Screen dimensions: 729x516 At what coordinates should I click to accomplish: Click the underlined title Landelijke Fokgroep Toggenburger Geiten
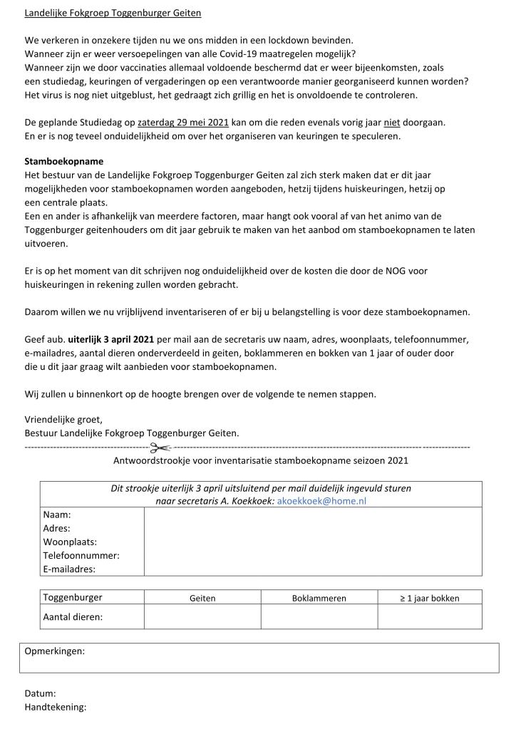[113, 13]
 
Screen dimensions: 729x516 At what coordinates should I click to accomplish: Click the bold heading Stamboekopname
[64, 161]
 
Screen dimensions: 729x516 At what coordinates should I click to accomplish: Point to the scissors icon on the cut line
[161, 448]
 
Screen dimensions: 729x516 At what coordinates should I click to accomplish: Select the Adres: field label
[57, 528]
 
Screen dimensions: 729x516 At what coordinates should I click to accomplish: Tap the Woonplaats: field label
[70, 542]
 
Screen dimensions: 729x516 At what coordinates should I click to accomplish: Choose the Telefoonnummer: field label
[81, 555]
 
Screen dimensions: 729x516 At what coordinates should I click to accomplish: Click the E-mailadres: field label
[70, 569]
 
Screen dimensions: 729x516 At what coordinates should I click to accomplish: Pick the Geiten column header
[202, 599]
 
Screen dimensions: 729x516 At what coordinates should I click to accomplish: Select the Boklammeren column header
[319, 599]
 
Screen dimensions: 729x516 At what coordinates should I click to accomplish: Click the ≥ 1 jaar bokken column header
[429, 599]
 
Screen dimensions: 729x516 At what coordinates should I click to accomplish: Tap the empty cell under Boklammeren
[319, 617]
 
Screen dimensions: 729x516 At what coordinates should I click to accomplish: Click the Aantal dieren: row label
[73, 617]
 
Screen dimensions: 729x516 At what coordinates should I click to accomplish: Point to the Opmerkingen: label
[54, 651]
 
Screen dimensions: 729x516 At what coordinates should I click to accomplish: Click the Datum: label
[40, 693]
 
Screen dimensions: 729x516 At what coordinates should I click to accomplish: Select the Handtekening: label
[55, 707]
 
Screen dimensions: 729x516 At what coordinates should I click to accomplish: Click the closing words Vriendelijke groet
[63, 419]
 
